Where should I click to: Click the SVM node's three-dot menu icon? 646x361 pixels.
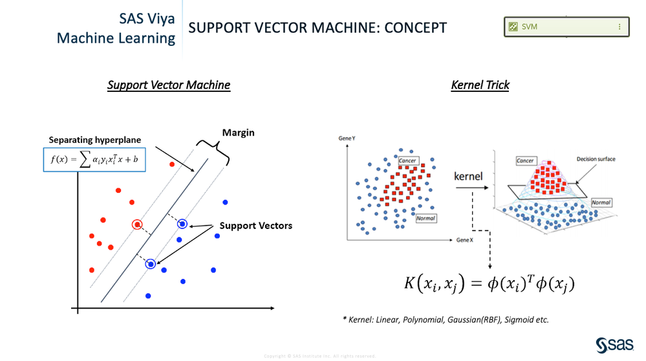[619, 27]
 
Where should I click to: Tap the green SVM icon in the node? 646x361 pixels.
[513, 27]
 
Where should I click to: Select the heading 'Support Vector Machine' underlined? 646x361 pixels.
[169, 85]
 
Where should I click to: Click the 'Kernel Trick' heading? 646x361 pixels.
[480, 85]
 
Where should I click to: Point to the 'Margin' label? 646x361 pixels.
[239, 133]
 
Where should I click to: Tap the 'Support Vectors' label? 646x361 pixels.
[256, 226]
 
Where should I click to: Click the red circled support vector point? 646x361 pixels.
[137, 224]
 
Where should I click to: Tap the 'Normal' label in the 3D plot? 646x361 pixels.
[601, 202]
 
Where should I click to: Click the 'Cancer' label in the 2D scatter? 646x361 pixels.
[407, 160]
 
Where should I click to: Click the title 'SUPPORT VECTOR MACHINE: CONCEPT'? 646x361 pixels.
[318, 28]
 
